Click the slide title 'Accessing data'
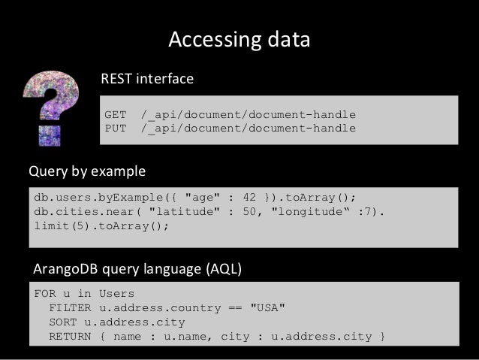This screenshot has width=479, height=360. click(x=239, y=40)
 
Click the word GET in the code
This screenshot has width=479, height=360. click(x=115, y=115)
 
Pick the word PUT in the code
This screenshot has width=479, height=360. click(x=115, y=128)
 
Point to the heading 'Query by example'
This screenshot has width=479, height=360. click(x=87, y=171)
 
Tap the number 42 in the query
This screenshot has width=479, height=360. click(x=252, y=198)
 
